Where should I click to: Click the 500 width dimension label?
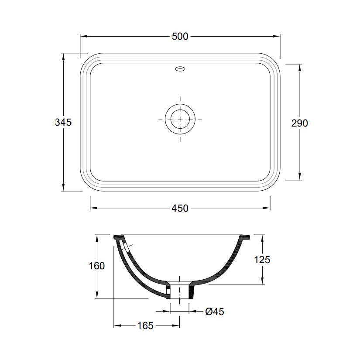180,36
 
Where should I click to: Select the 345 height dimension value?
63,122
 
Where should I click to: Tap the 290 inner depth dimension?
299,123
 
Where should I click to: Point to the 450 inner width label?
180,208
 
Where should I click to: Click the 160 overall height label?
97,266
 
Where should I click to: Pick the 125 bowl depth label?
262,260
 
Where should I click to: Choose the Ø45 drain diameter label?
215,312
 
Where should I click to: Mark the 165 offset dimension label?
145,326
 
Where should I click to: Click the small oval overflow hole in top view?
180,69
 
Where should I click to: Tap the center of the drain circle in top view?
180,119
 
